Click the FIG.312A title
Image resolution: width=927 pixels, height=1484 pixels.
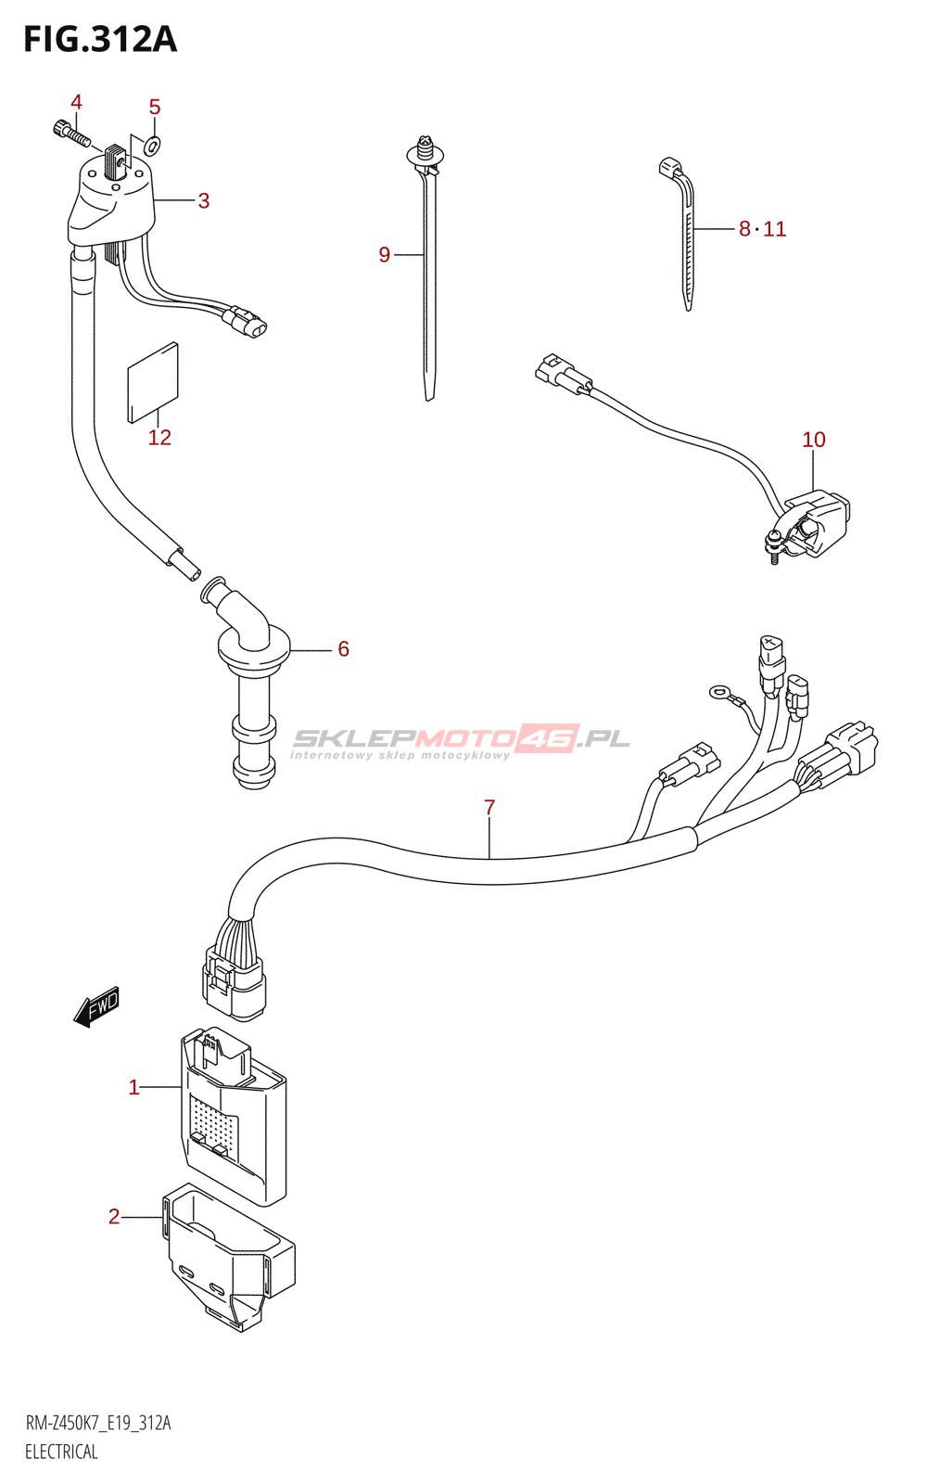(x=100, y=40)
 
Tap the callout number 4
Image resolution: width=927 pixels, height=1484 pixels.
(x=77, y=102)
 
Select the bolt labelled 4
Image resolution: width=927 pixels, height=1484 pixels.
(x=70, y=134)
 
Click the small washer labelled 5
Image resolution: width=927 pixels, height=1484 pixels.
(x=153, y=144)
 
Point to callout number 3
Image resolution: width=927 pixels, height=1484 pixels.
(x=204, y=200)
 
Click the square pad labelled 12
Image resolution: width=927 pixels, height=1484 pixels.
(x=153, y=382)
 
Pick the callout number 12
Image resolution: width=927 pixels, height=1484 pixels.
(x=159, y=437)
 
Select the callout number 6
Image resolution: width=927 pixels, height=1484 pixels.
(x=343, y=649)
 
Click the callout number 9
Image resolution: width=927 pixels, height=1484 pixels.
(x=384, y=254)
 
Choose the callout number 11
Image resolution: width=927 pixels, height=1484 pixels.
(x=774, y=229)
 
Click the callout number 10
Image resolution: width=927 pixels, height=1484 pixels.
(x=813, y=440)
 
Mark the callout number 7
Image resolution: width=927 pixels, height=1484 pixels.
(x=489, y=808)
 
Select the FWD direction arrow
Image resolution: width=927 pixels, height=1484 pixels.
(x=96, y=1006)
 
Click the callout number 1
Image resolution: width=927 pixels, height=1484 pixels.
(x=133, y=1087)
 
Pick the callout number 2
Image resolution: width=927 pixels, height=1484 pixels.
(x=114, y=1216)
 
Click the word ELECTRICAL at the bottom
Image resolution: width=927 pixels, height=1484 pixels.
(x=61, y=1452)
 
